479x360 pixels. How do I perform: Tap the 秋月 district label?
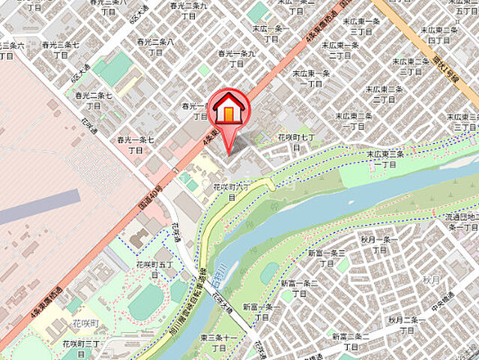pyautogui.click(x=430, y=279)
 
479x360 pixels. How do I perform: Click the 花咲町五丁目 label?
pyautogui.click(x=154, y=270)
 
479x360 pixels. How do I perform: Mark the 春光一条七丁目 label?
pyautogui.click(x=135, y=145)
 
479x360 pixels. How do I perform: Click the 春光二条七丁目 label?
pyautogui.click(x=93, y=100)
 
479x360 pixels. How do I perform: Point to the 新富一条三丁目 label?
pyautogui.click(x=326, y=259)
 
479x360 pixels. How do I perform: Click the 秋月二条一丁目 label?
pyautogui.click(x=406, y=325)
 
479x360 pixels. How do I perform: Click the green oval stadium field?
pyautogui.click(x=145, y=302)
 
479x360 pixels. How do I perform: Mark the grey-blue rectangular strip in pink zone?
pyautogui.click(x=37, y=206)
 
